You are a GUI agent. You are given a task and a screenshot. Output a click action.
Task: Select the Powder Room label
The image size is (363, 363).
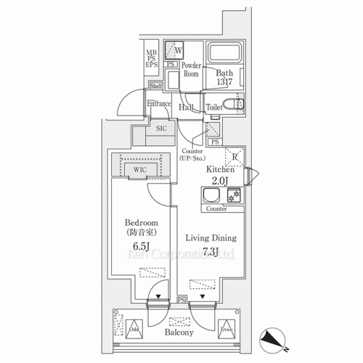click(x=191, y=69)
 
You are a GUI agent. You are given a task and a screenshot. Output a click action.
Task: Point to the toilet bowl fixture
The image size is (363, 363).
click(x=238, y=106)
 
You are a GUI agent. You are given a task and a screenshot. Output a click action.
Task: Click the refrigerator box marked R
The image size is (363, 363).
click(x=235, y=155)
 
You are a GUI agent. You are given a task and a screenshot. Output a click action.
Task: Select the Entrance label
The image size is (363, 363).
click(x=159, y=104)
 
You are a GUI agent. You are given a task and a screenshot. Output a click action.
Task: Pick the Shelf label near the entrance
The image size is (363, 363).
click(x=155, y=86)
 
